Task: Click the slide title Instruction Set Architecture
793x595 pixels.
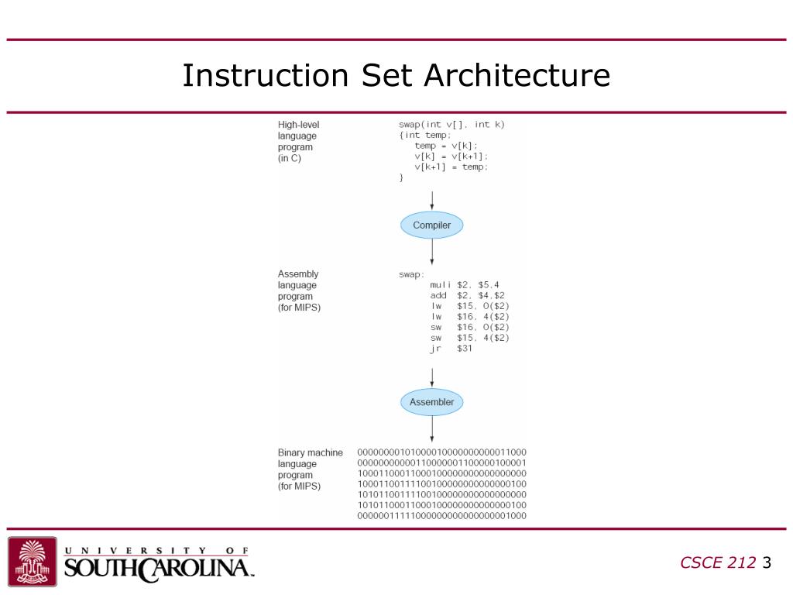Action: click(x=396, y=76)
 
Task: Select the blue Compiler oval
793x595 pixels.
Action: click(x=431, y=225)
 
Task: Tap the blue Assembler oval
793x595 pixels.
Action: click(x=431, y=402)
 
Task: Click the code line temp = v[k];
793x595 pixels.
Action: click(x=446, y=146)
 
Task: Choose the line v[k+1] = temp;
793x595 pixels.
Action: click(x=451, y=167)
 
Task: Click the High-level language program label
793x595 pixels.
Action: click(x=298, y=141)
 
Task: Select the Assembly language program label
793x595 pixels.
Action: click(x=299, y=291)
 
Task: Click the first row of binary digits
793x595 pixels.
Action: click(x=441, y=452)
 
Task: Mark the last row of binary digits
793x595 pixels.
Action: click(x=441, y=516)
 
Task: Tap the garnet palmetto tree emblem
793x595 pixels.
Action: click(x=33, y=562)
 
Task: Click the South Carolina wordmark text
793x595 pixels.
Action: click(x=159, y=568)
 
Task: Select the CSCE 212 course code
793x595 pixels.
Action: click(x=717, y=563)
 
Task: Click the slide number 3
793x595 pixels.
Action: click(x=767, y=563)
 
